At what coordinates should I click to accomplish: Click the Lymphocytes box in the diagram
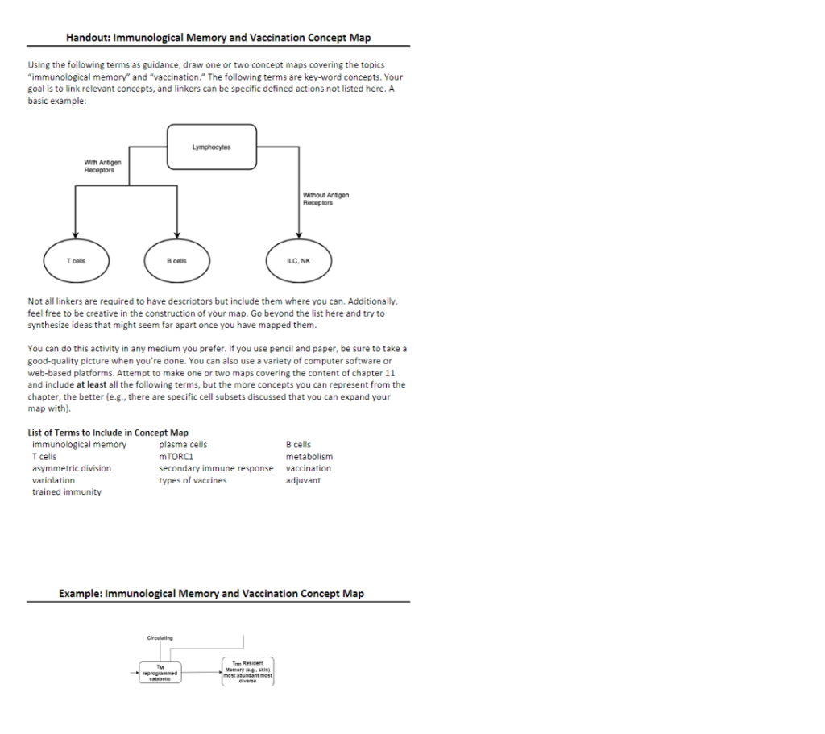pos(212,147)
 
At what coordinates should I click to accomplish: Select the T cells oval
pos(76,260)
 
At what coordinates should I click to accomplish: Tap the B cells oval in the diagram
pos(176,260)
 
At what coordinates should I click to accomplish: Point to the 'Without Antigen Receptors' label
pos(325,198)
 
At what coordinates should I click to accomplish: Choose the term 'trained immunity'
pos(67,492)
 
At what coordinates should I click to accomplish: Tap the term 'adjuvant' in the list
pos(303,480)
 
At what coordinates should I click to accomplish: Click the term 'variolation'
pos(53,480)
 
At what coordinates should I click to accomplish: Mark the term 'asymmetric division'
pos(72,468)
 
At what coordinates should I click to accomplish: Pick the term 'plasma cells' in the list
pos(183,445)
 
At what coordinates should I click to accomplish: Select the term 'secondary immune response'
pos(216,468)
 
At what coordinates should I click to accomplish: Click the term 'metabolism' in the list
pos(309,457)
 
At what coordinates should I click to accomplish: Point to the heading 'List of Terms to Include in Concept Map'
pos(108,433)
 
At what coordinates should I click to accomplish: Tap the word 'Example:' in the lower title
pos(81,594)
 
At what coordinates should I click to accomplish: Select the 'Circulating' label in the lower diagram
pos(160,637)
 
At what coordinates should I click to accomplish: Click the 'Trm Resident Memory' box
pos(248,671)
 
